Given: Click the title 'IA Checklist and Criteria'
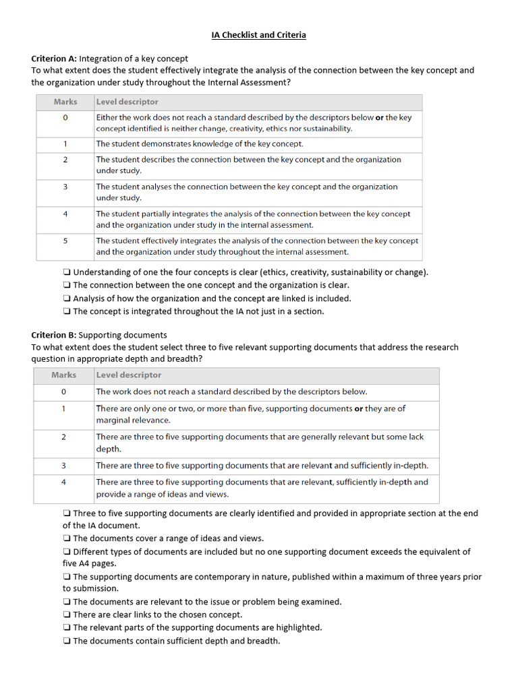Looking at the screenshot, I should pos(258,35).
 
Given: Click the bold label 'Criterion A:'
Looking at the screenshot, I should pos(55,59).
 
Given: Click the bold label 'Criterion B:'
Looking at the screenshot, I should pos(55,335).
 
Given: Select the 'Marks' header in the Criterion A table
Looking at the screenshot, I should pos(65,102).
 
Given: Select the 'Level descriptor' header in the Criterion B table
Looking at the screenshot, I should pos(128,375).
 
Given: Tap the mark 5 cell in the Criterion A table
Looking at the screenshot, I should pos(65,241).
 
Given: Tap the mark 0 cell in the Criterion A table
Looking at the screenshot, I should pos(65,117).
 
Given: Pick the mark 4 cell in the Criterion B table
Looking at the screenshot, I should pos(64,482).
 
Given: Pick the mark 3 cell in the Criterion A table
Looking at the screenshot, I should pos(65,187).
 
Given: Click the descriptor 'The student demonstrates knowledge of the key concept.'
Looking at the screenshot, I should pos(200,144).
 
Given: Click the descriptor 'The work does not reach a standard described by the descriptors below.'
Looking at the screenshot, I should pos(231,391).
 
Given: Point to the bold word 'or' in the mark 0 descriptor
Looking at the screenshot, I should pos(379,117).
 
